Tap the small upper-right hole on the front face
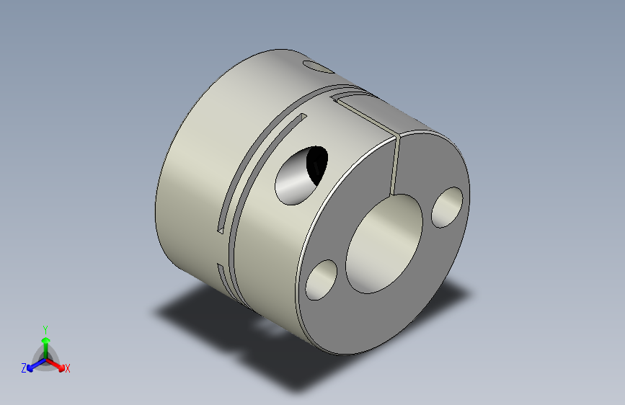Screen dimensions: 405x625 coord(448,207)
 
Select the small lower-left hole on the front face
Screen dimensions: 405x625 coord(322,280)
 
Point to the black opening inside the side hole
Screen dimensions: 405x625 coord(316,162)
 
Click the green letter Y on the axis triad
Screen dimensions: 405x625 coord(45,328)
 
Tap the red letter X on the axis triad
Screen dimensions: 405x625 coord(68,369)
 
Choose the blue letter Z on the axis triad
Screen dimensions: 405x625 coord(23,368)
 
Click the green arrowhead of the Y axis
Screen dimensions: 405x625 coord(45,339)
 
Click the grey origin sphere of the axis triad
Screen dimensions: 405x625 coord(45,358)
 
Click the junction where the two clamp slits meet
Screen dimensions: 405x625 coord(398,135)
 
